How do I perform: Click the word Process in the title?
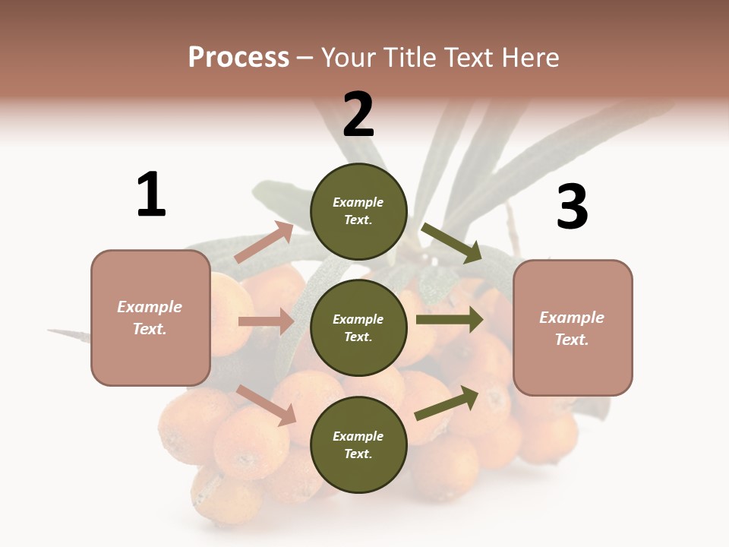click(238, 58)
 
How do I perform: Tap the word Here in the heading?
click(529, 58)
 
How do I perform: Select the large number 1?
click(151, 194)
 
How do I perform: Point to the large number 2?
click(358, 114)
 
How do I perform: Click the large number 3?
click(572, 207)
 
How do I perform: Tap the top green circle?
click(358, 210)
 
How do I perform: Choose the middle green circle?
click(358, 327)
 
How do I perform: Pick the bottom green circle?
click(358, 444)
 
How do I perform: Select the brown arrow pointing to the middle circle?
click(266, 321)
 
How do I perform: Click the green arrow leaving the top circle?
click(453, 242)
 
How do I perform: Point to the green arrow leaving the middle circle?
click(450, 320)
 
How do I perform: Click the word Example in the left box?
click(150, 307)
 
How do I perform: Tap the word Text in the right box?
click(571, 340)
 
